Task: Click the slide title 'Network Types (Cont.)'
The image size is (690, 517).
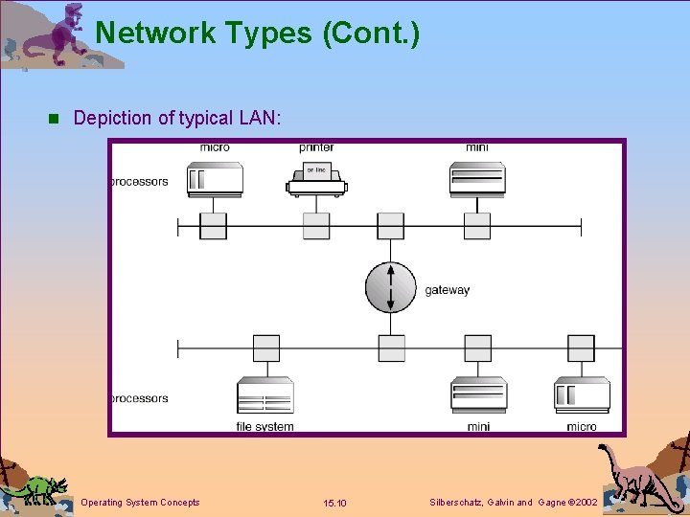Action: [x=257, y=33]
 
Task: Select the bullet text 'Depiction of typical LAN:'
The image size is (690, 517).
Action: [x=176, y=119]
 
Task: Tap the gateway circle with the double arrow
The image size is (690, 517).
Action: [x=391, y=286]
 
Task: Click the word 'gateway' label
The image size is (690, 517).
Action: [x=448, y=290]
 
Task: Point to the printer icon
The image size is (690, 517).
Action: [x=316, y=178]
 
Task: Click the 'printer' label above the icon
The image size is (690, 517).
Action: [x=316, y=147]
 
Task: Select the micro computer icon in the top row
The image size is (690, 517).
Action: [x=215, y=178]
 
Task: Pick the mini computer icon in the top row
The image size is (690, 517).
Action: [x=476, y=178]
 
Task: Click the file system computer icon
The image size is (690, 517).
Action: [x=265, y=395]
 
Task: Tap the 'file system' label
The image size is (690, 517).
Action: [x=265, y=426]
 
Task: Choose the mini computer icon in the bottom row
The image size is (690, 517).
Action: [x=478, y=395]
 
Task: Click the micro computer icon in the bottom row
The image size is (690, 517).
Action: [x=581, y=394]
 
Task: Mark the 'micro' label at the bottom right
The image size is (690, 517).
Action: [x=581, y=426]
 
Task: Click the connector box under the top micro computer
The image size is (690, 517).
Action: [x=213, y=226]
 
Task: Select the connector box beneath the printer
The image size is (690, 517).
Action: [x=316, y=226]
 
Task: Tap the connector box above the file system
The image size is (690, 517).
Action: [x=265, y=348]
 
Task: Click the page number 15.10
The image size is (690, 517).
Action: [x=335, y=503]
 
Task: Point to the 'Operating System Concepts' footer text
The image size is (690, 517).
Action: [x=141, y=502]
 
